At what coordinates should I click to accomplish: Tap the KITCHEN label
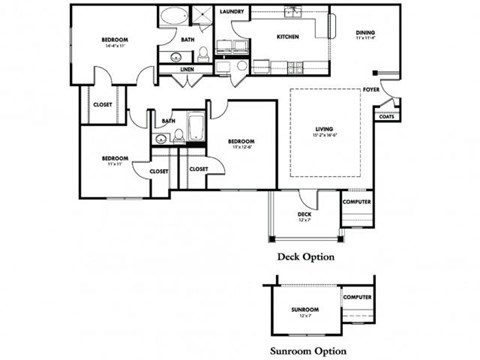(x=275, y=37)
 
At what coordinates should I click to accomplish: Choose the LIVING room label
(x=324, y=128)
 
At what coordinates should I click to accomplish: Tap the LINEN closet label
(x=188, y=70)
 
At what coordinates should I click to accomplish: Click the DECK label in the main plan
(x=304, y=214)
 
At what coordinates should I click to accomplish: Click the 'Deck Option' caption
(x=305, y=257)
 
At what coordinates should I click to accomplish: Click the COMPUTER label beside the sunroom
(x=357, y=297)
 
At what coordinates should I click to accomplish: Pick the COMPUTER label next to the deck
(x=357, y=202)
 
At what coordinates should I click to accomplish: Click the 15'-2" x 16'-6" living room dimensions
(x=324, y=135)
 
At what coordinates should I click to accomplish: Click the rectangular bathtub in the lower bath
(x=196, y=130)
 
